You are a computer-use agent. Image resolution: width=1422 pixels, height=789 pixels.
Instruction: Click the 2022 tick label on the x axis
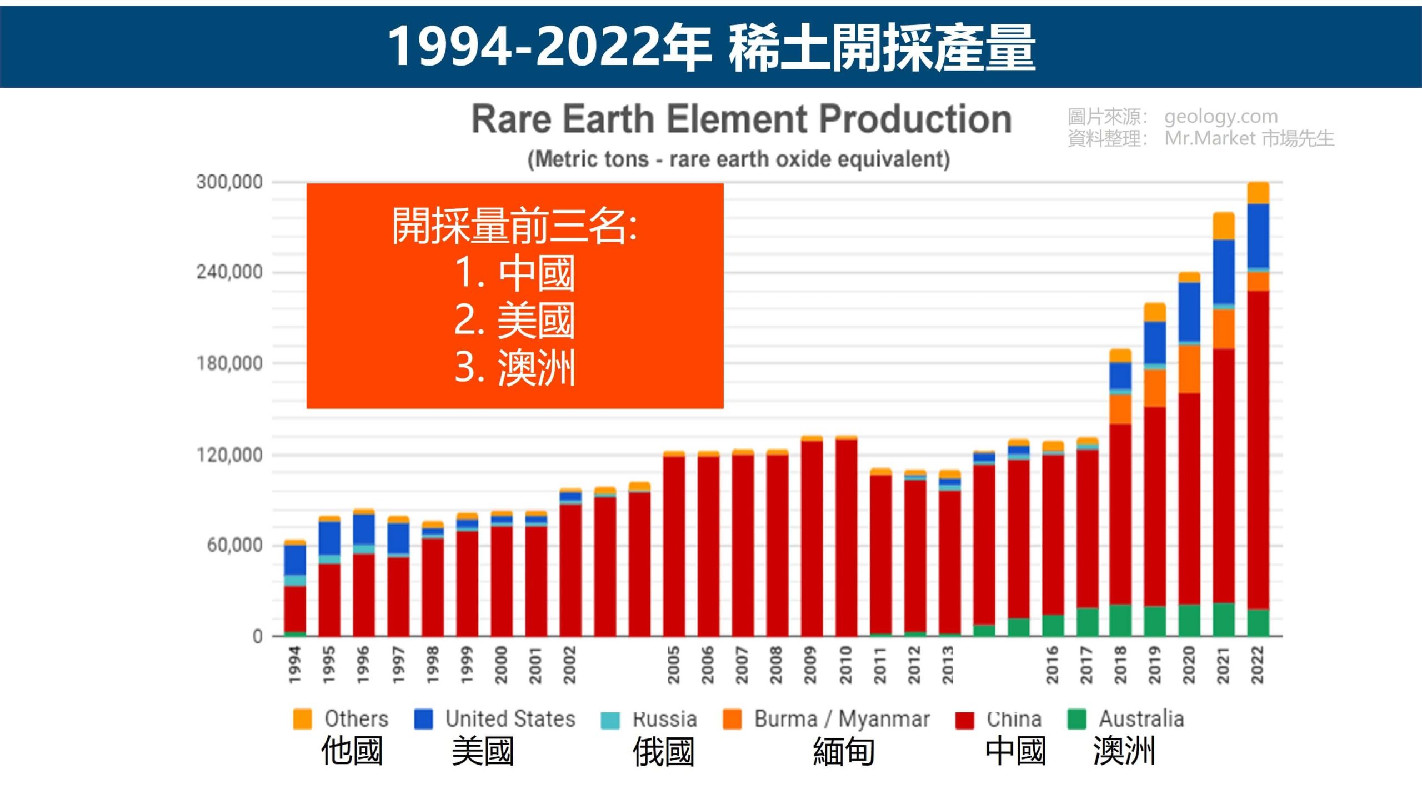(x=1258, y=665)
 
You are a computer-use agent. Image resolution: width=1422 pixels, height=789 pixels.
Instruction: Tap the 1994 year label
(x=295, y=665)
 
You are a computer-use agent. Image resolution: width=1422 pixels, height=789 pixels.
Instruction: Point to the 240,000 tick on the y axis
(x=229, y=272)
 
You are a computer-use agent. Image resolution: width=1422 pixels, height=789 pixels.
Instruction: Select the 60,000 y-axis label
(x=234, y=546)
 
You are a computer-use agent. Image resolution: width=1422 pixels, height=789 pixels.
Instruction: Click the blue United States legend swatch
(x=423, y=719)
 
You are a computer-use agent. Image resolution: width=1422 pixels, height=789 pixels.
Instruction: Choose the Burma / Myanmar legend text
(x=842, y=719)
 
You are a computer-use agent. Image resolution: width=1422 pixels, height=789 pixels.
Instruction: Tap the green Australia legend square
(x=1076, y=719)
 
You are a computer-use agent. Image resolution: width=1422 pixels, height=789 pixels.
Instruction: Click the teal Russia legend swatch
(x=610, y=720)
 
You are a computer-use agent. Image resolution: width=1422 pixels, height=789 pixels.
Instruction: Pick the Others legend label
(x=356, y=719)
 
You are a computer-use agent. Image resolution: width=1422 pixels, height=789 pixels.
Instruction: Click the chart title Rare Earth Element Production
(x=741, y=119)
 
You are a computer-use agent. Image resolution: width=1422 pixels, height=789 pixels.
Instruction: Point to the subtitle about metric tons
(x=738, y=159)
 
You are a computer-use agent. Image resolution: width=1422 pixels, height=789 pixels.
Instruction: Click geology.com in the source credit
(x=1221, y=117)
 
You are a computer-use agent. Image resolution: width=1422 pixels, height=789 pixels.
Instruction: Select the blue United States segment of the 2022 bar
(x=1258, y=236)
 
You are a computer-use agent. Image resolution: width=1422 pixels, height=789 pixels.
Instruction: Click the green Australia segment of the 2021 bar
(x=1224, y=619)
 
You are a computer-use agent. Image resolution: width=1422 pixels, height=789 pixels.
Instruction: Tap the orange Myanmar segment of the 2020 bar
(x=1189, y=369)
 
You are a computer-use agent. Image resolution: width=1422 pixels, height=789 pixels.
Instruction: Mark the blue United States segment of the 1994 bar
(x=295, y=560)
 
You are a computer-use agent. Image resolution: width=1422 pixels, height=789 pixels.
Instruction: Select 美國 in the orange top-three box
(x=535, y=321)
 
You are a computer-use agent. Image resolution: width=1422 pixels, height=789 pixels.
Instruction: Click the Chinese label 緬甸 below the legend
(x=844, y=752)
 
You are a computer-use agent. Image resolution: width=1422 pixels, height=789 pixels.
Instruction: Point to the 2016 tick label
(x=1052, y=665)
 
